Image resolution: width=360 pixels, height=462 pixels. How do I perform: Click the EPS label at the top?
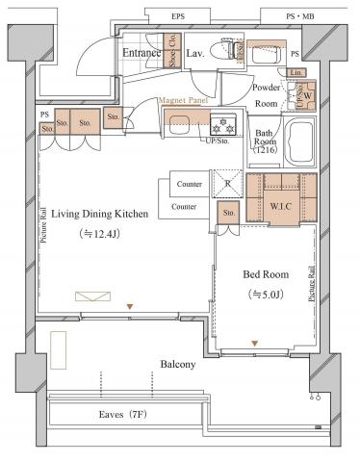point(178,16)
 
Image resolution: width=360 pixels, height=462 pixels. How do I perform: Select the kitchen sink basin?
point(180,123)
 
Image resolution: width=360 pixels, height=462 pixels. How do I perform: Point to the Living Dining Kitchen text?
point(100,215)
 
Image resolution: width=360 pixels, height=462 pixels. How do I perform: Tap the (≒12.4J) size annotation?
point(99,234)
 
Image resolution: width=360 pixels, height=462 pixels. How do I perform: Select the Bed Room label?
point(262,275)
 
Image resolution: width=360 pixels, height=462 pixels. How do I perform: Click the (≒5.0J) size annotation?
point(262,294)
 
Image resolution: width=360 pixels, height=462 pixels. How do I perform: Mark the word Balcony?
point(178,364)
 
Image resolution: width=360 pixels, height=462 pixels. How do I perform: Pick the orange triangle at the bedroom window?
point(255,342)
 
